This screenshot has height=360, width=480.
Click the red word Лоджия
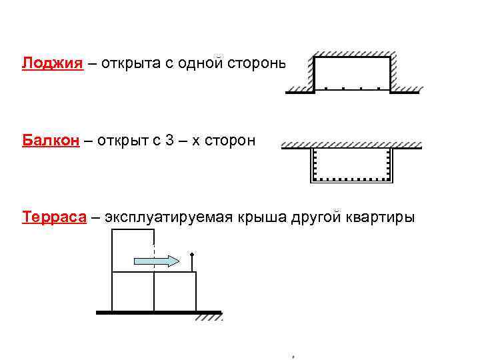pyautogui.click(x=53, y=63)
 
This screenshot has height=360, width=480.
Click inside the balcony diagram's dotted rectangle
pyautogui.click(x=351, y=164)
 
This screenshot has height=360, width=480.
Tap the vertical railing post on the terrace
pyautogui.click(x=192, y=262)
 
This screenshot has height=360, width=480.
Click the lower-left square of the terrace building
pyautogui.click(x=133, y=291)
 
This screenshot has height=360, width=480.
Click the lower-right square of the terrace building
pyautogui.click(x=175, y=291)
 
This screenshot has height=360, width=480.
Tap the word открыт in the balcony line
pyautogui.click(x=119, y=141)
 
